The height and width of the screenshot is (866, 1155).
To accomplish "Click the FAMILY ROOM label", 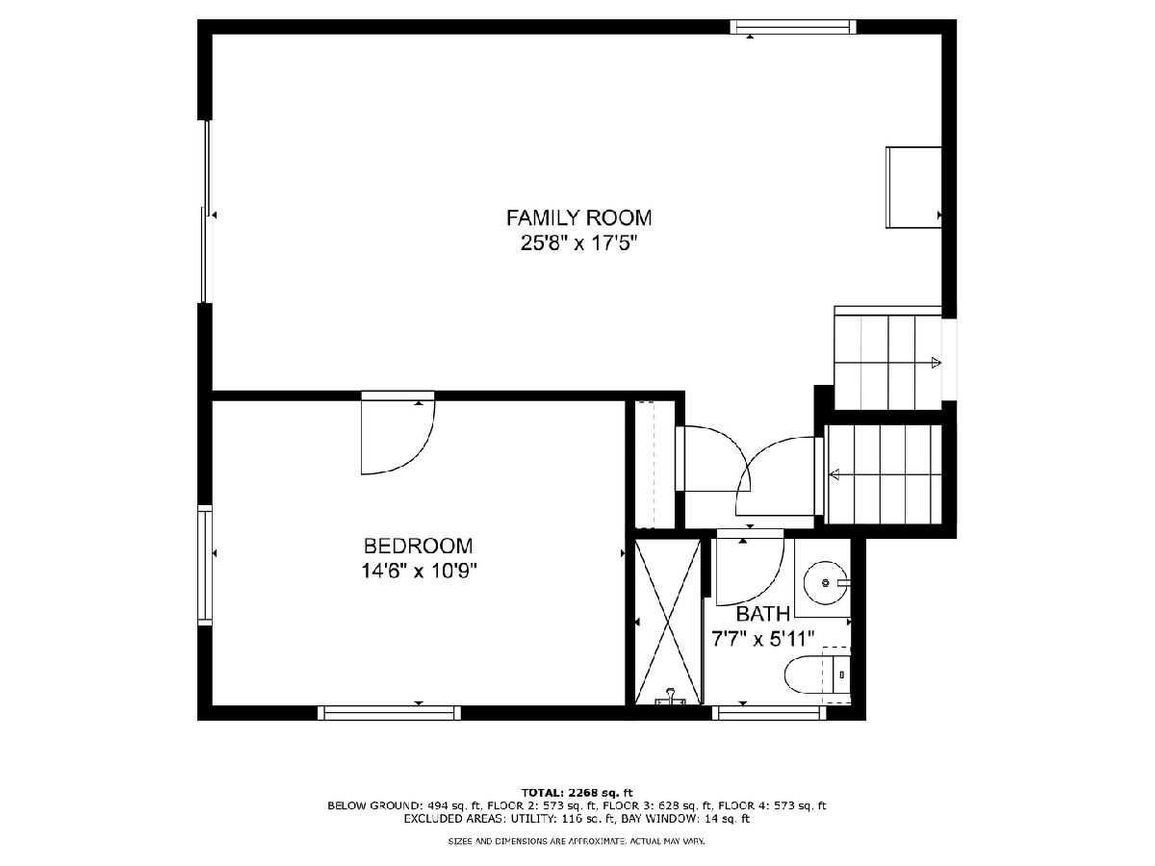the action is pyautogui.click(x=578, y=217).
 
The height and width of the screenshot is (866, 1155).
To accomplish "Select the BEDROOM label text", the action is pyautogui.click(x=419, y=546).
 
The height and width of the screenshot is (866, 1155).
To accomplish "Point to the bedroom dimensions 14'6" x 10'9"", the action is pyautogui.click(x=419, y=571).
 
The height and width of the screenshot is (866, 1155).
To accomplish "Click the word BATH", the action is pyautogui.click(x=763, y=614).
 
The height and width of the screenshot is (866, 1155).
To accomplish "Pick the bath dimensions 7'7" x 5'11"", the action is pyautogui.click(x=762, y=639).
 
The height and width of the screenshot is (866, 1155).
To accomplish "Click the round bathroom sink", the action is pyautogui.click(x=826, y=582).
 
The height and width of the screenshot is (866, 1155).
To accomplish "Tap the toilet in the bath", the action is pyautogui.click(x=817, y=675).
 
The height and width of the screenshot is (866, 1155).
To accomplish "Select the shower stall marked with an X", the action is pyautogui.click(x=668, y=622).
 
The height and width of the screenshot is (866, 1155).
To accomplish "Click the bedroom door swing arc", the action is pyautogui.click(x=420, y=454).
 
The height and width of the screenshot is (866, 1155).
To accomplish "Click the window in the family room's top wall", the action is pyautogui.click(x=793, y=27).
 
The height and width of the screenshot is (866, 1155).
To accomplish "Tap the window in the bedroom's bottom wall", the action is pyautogui.click(x=390, y=712).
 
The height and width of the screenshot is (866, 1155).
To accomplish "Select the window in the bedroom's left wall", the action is pyautogui.click(x=205, y=565).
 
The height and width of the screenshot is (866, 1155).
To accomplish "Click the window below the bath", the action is pyautogui.click(x=769, y=712).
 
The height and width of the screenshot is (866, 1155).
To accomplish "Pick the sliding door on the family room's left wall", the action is pyautogui.click(x=206, y=212).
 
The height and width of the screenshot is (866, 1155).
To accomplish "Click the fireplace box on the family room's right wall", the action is pyautogui.click(x=913, y=188).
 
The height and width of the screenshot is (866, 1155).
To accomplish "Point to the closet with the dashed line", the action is pyautogui.click(x=654, y=465).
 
